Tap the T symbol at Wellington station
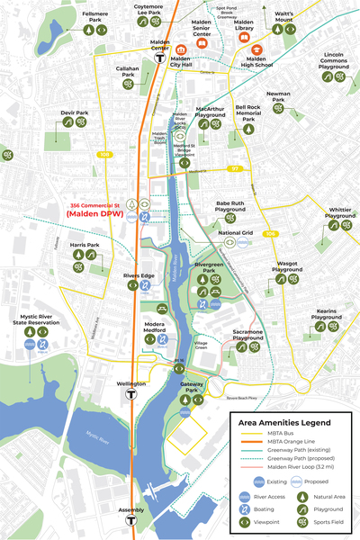pyautogui.click(x=132, y=392)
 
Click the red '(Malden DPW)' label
pyautogui.click(x=97, y=213)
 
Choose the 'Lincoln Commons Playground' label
pyautogui.click(x=334, y=61)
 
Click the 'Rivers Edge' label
pyautogui.click(x=139, y=275)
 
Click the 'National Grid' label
pyautogui.click(x=234, y=232)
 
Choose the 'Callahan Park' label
pyautogui.click(x=127, y=71)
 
